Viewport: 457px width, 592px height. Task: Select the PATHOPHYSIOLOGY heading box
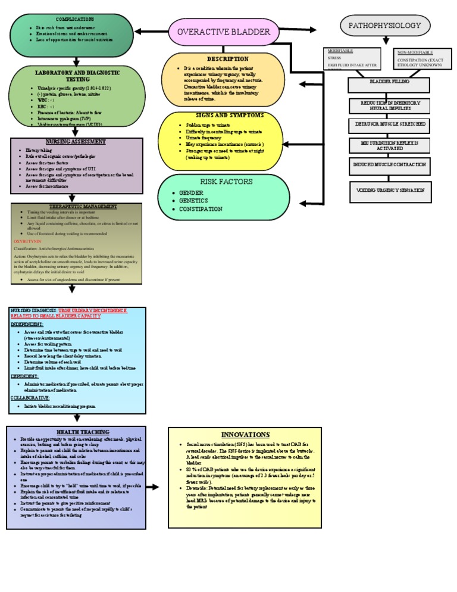click(x=384, y=26)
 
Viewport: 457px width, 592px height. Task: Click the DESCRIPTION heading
click(x=228, y=59)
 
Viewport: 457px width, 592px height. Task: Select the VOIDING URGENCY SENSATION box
click(x=389, y=191)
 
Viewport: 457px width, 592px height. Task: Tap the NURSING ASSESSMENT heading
click(x=77, y=142)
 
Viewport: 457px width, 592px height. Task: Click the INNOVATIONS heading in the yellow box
click(x=245, y=435)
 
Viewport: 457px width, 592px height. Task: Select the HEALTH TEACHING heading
click(x=77, y=431)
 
